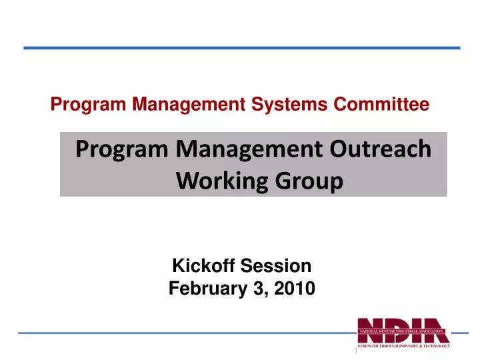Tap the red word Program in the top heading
coord(79,104)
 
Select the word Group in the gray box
coord(305,180)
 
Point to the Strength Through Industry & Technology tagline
coord(404,345)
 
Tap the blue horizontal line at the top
coord(241,48)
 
